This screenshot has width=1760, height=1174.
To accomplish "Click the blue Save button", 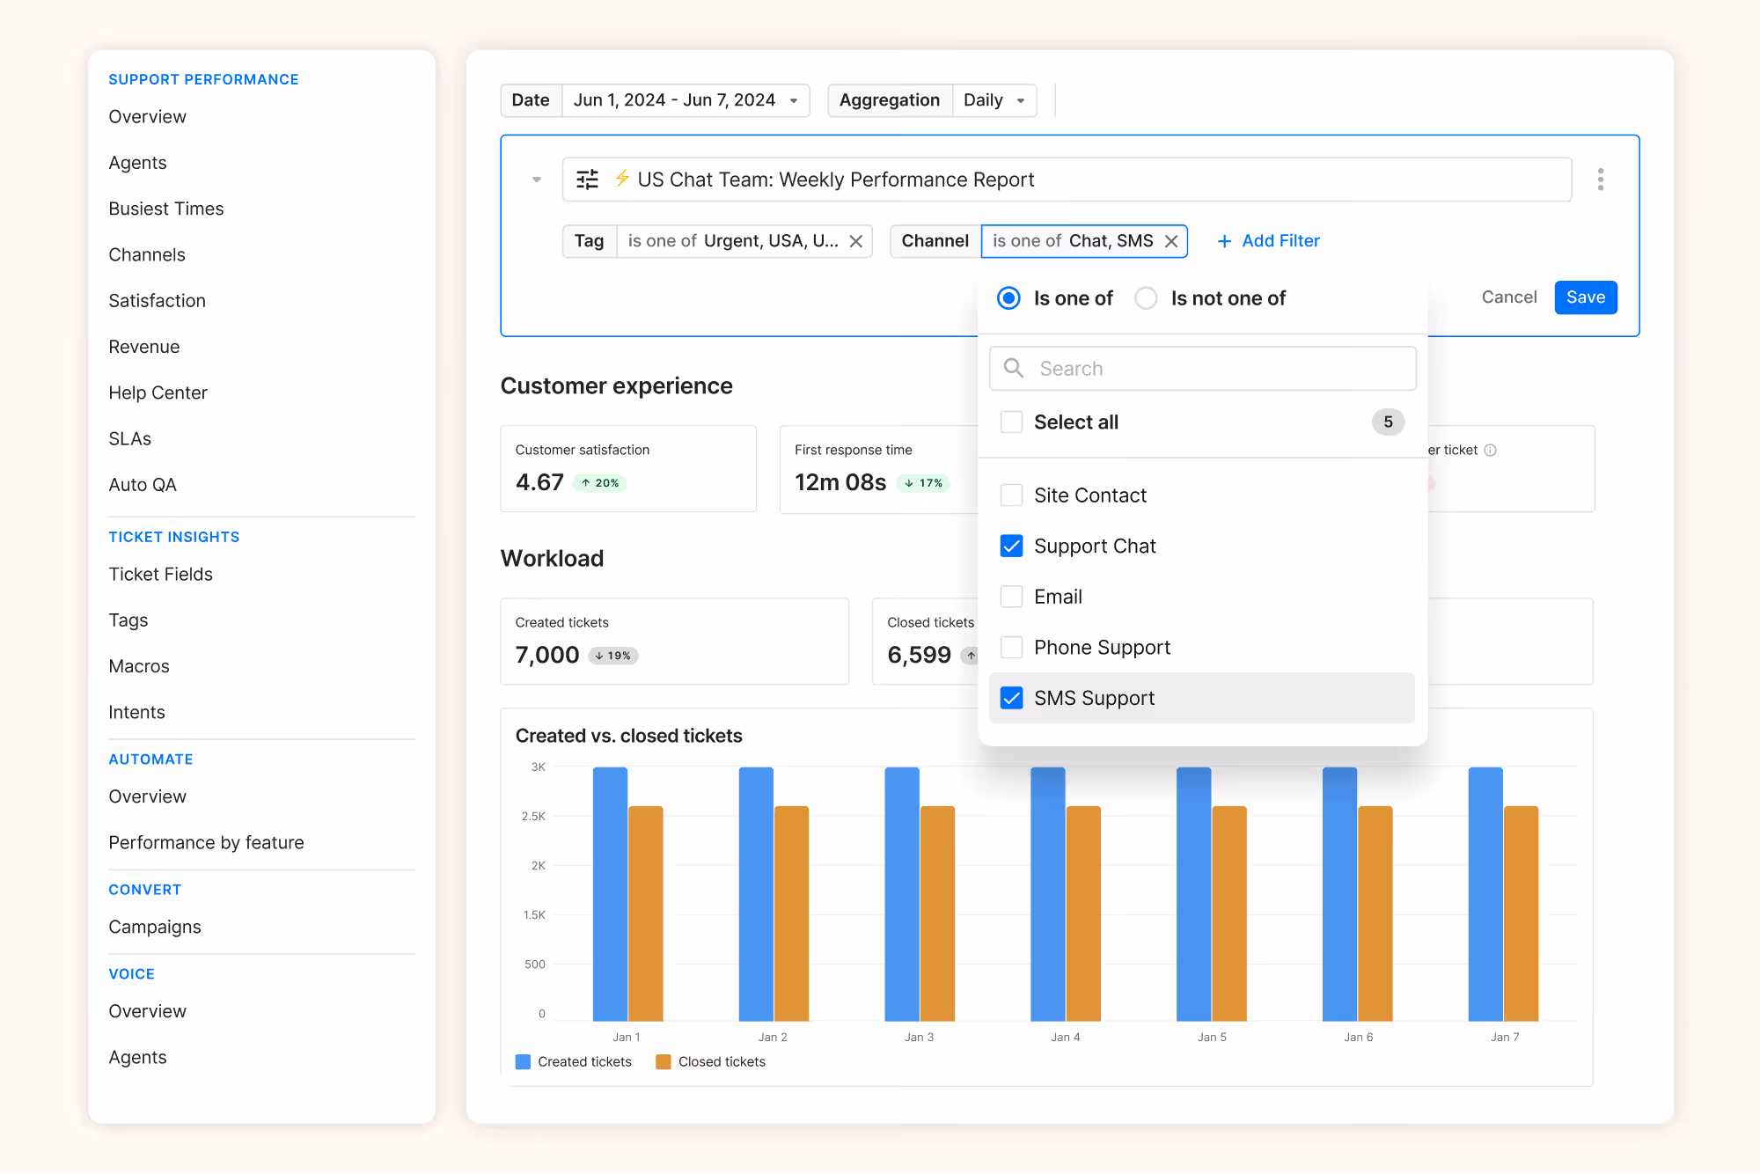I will pos(1585,297).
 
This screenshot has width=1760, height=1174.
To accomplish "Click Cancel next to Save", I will pos(1508,297).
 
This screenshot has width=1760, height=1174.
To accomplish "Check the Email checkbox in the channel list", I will pos(1012,597).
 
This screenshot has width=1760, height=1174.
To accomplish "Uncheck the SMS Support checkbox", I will pos(1012,698).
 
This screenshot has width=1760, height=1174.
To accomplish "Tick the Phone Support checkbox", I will pos(1012,648).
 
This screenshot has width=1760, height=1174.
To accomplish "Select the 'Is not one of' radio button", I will pos(1146,298).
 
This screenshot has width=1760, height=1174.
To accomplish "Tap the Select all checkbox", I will pos(1012,422).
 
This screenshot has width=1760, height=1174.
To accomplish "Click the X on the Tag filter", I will pos(855,241).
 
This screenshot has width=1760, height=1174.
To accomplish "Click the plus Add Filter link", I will pos(1268,241).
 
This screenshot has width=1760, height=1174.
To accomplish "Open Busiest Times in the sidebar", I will pos(166,209).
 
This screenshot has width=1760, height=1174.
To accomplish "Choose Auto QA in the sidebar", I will pos(143,485).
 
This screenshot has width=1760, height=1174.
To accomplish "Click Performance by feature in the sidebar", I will pos(206,842).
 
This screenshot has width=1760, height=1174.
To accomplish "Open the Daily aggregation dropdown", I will pos(994,100).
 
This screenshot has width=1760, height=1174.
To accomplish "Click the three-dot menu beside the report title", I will pos(1600,180).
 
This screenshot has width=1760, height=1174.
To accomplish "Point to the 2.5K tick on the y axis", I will pos(533,817).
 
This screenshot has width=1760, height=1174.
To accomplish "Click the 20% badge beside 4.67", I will pos(600,483).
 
